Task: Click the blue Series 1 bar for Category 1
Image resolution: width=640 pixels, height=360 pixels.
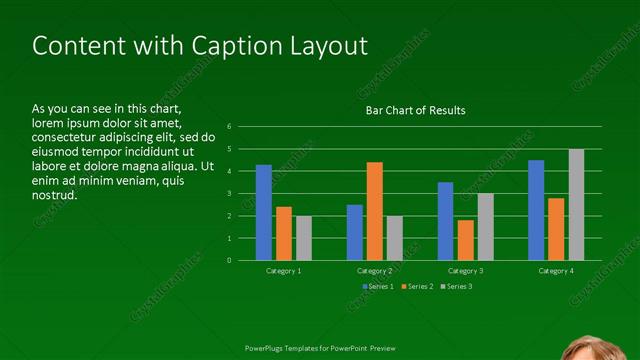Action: pyautogui.click(x=264, y=213)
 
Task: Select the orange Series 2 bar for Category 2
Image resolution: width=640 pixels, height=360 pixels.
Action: pyautogui.click(x=374, y=211)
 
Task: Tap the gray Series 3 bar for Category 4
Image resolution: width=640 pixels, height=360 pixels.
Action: pyautogui.click(x=576, y=205)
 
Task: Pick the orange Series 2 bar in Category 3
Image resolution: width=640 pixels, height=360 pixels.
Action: pyautogui.click(x=465, y=240)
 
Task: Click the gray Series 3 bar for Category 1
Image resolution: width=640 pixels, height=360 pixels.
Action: pyautogui.click(x=304, y=238)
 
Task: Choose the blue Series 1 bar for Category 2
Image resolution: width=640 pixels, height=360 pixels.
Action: pyautogui.click(x=355, y=232)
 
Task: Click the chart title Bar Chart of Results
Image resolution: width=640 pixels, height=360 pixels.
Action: pyautogui.click(x=414, y=110)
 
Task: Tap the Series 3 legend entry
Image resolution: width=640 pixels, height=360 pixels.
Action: pyautogui.click(x=456, y=287)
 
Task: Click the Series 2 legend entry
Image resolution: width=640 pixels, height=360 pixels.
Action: pyautogui.click(x=417, y=287)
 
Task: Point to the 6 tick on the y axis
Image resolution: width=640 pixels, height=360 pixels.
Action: pyautogui.click(x=230, y=127)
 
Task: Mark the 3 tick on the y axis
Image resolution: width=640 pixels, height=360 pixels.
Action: pyautogui.click(x=230, y=194)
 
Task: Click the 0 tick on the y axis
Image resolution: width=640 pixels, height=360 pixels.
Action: pyautogui.click(x=230, y=260)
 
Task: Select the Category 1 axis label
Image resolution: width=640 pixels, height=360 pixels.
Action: pyautogui.click(x=284, y=271)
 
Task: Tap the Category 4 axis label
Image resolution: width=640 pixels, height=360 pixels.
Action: pyautogui.click(x=556, y=271)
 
